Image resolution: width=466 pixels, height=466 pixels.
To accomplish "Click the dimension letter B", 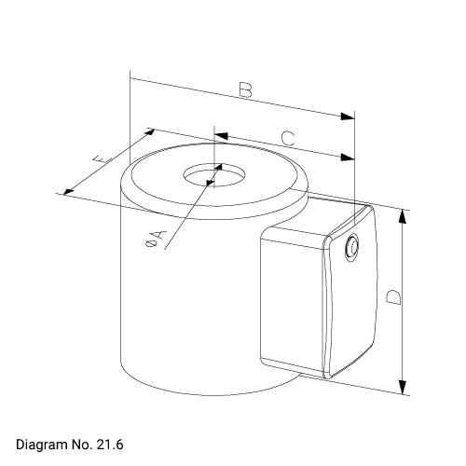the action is click(x=246, y=89).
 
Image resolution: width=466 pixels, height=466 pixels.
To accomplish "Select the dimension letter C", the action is click(x=288, y=139).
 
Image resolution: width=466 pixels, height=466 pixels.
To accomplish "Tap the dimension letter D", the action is click(x=393, y=297).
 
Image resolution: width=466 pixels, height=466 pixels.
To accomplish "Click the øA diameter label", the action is click(x=156, y=239).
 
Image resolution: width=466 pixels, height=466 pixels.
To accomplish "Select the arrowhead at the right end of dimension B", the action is click(x=348, y=116).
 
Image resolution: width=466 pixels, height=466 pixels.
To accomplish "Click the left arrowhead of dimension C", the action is click(x=222, y=136).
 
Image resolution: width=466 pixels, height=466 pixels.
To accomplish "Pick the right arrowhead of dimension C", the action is click(x=348, y=158).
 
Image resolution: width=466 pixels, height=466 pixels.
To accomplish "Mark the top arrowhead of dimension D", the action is click(x=402, y=216).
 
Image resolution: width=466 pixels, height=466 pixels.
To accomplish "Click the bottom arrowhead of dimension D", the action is click(x=402, y=387).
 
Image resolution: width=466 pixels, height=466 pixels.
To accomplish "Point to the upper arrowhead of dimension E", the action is click(x=150, y=132).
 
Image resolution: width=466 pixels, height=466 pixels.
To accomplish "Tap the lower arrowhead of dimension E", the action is click(x=69, y=192).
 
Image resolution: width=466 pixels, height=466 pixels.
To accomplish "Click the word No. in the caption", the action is click(x=80, y=445).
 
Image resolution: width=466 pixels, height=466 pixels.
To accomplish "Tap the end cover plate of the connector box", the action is click(x=350, y=292).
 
